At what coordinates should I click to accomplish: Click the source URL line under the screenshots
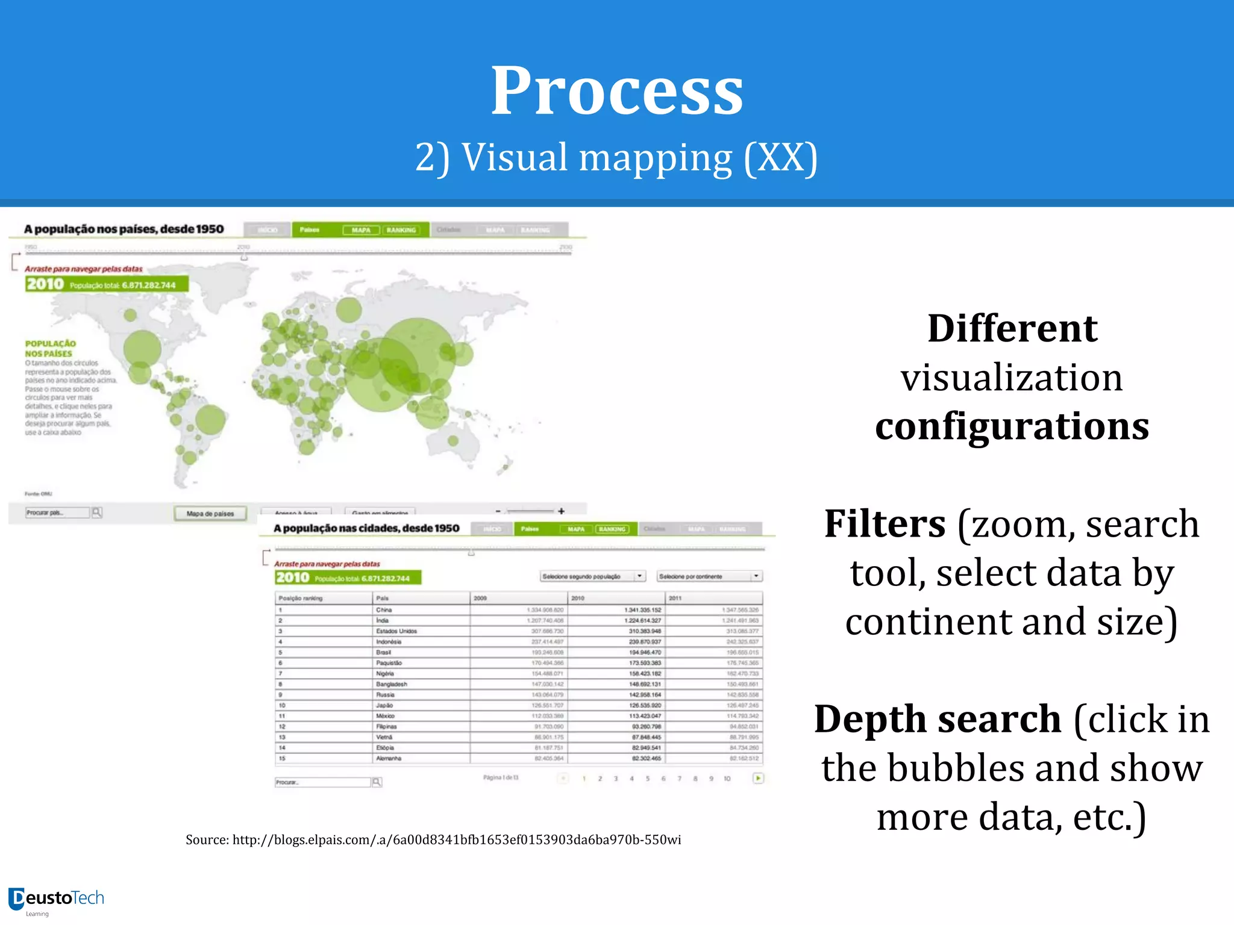[x=433, y=839]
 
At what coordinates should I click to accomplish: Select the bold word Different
[x=1012, y=329]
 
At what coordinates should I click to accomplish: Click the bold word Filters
[x=885, y=524]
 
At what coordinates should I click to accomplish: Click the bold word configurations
[x=1012, y=426]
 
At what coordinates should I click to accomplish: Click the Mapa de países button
[x=210, y=514]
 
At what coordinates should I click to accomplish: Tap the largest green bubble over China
[x=416, y=355]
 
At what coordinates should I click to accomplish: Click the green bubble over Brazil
[x=210, y=420]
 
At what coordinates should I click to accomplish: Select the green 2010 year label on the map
[x=45, y=284]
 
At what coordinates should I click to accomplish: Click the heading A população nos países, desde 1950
[x=124, y=229]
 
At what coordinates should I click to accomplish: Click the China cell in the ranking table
[x=384, y=610]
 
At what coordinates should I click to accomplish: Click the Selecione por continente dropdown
[x=709, y=576]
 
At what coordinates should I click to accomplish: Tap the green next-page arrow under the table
[x=758, y=778]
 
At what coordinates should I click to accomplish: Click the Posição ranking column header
[x=301, y=598]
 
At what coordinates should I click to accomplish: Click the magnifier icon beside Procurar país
[x=97, y=512]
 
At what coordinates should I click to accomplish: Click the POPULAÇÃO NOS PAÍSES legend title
[x=50, y=348]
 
